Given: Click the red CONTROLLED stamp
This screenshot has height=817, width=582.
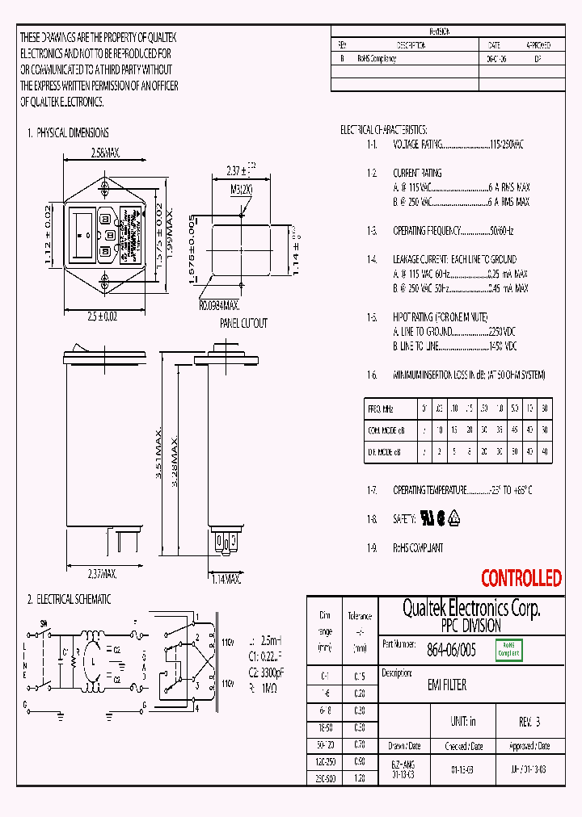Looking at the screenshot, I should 521,578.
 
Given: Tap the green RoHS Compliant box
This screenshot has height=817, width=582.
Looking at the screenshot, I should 508,649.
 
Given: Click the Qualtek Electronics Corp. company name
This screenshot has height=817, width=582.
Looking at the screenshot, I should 471,608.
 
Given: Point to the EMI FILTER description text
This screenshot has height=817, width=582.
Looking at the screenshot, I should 446,685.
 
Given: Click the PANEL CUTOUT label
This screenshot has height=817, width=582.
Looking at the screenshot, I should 243,323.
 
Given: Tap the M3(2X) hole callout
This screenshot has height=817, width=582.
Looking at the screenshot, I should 242,190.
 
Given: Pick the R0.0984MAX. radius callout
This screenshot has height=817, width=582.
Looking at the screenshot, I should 219,306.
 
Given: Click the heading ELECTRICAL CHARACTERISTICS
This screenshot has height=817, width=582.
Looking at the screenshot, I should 383,129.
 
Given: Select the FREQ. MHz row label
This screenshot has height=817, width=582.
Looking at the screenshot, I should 381,409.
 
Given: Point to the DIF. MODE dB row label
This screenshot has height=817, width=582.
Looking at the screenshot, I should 385,452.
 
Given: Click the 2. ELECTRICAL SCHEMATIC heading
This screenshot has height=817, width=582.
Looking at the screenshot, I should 69,600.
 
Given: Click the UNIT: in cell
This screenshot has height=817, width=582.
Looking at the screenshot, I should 462,720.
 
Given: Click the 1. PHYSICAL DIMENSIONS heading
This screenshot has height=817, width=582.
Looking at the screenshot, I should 68,132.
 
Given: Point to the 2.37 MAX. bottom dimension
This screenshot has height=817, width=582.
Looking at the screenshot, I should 102,574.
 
